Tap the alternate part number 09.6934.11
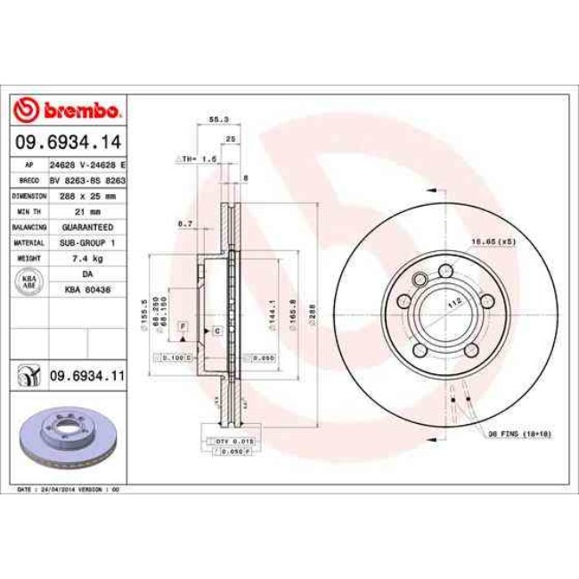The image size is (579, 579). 86,377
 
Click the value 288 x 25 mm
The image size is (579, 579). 87,194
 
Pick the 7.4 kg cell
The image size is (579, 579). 87,258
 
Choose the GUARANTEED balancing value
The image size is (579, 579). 87,226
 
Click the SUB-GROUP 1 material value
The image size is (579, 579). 87,242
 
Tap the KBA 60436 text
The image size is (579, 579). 87,290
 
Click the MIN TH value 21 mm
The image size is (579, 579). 87,210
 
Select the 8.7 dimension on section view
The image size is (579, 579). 185,223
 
